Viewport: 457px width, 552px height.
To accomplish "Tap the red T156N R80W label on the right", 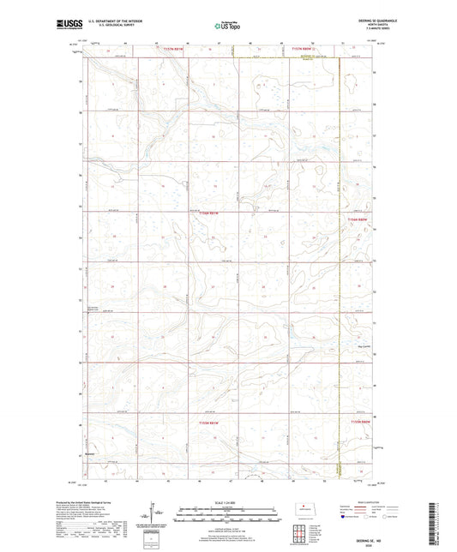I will (358, 220).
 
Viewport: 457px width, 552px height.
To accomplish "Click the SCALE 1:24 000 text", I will (228, 501).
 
